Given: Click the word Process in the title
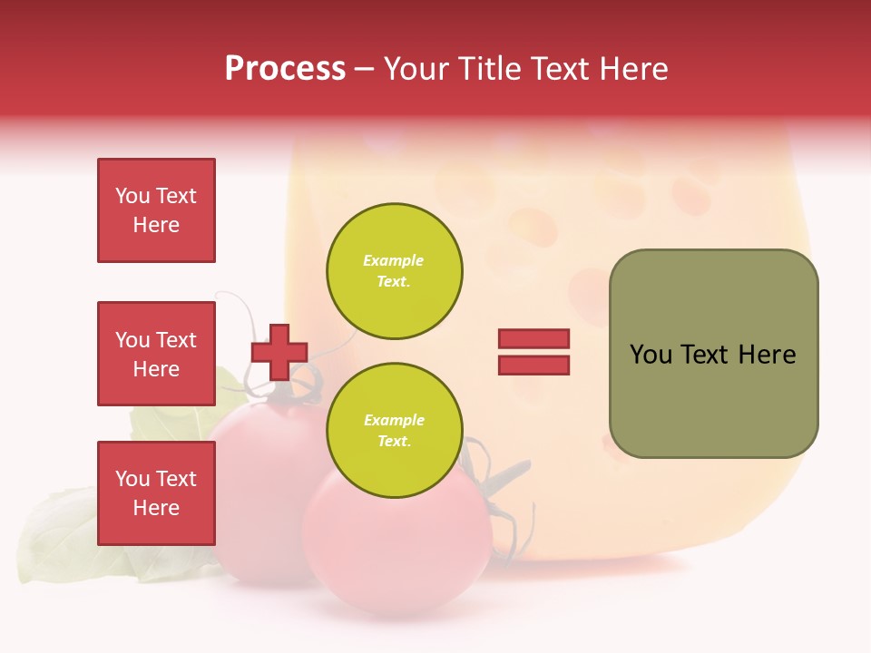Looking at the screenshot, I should click(285, 69).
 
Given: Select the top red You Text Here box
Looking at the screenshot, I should click(156, 210).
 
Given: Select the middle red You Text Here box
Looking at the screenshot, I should click(156, 354).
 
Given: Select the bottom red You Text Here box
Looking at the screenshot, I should click(156, 492).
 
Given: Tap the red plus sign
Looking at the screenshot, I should click(279, 352).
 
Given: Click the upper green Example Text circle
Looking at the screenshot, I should click(394, 271).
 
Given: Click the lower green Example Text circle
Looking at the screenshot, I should click(394, 430).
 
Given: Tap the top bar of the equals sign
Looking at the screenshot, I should click(533, 339).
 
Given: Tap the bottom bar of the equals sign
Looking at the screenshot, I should click(533, 365).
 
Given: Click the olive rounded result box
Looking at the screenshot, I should click(713, 354).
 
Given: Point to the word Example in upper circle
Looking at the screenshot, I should click(394, 260).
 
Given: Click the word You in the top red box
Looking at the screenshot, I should click(132, 196).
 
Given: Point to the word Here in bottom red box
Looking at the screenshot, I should click(156, 508).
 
